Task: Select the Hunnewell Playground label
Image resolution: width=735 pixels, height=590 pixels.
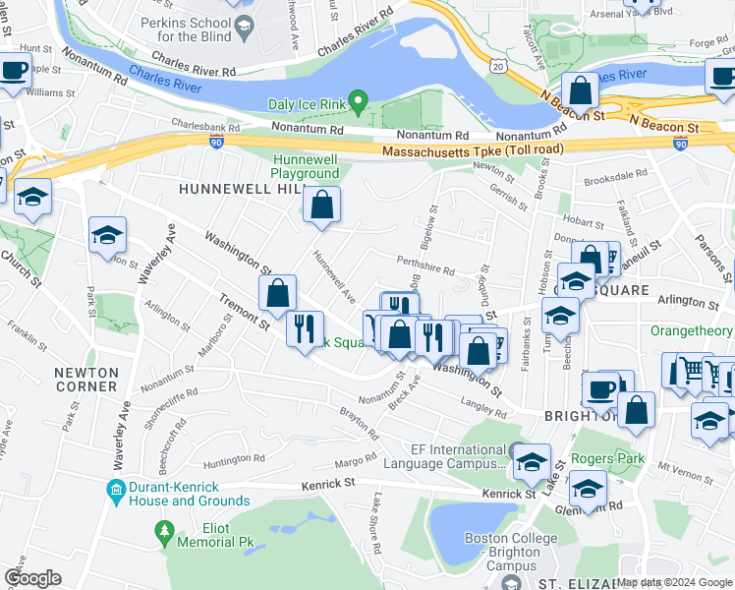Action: coord(305,166)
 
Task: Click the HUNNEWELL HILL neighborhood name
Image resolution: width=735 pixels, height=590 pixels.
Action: coord(229,187)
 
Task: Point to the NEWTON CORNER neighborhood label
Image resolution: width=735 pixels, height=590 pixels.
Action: coord(85,380)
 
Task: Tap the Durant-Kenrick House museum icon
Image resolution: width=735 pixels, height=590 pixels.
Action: coord(116,489)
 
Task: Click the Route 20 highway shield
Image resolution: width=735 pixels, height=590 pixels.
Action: coord(498,67)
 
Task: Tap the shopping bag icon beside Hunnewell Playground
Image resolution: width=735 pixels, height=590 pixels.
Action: coord(321,206)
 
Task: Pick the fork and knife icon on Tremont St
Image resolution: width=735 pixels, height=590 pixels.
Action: coord(306,326)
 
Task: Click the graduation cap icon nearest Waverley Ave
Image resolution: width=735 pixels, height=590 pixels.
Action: coord(107,235)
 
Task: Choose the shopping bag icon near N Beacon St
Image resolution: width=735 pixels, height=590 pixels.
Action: coord(581,90)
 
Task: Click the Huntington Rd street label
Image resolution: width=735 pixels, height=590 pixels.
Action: coord(234,457)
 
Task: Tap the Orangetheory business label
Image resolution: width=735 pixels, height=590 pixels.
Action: coord(692,330)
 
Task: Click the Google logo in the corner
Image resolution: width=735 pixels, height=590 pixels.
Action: coord(32,577)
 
